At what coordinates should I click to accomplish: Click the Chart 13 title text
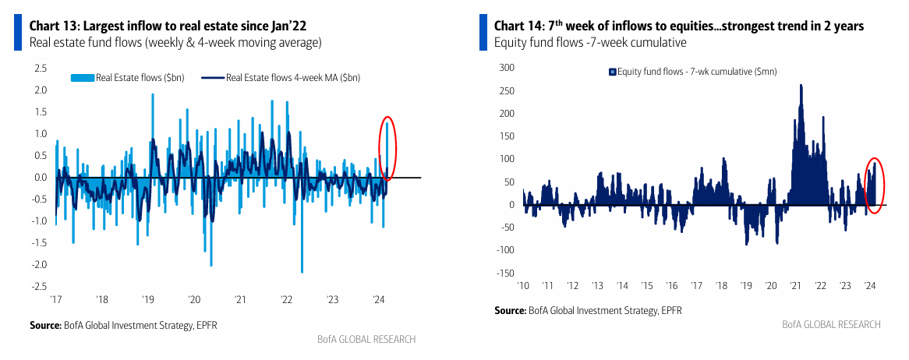(168, 26)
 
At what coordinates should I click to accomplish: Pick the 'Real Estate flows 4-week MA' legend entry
(285, 77)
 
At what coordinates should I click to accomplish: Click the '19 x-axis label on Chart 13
(147, 299)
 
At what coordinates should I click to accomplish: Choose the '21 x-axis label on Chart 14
(795, 286)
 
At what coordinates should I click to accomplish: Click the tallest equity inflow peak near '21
(801, 86)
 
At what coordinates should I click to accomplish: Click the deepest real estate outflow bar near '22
(302, 271)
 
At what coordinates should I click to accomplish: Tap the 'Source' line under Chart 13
(123, 324)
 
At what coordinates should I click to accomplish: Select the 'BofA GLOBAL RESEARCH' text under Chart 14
(831, 324)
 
